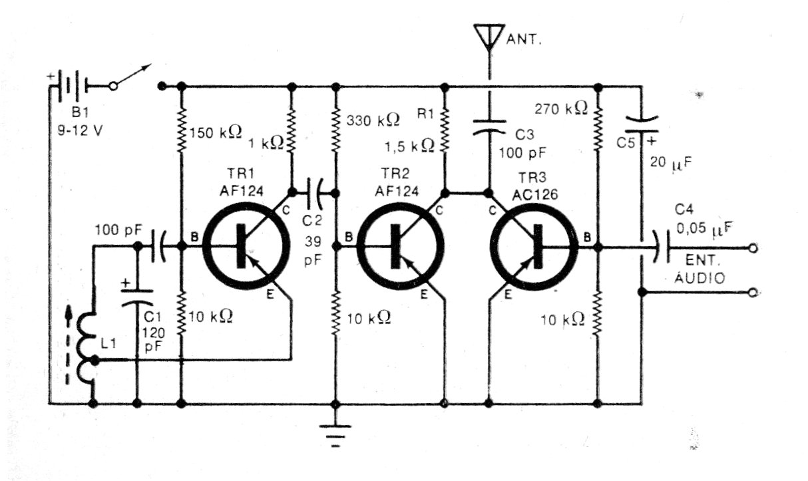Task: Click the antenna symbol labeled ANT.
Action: coord(489,37)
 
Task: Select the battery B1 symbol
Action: coord(71,86)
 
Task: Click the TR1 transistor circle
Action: coord(246,247)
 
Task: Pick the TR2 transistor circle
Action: coord(401,247)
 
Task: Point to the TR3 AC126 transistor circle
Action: coord(534,247)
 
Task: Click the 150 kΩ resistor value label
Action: coord(216,132)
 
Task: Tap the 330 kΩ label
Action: coord(373,120)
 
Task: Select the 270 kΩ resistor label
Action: coord(561,108)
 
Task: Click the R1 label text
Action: coord(425,114)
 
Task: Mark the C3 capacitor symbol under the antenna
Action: coord(489,127)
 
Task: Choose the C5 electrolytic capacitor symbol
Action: coord(642,125)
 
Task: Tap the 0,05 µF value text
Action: coord(704,228)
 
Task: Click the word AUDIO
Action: coord(700,278)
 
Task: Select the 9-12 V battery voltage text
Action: coord(80,130)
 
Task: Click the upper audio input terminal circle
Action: coord(753,247)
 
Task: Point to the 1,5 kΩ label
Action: coord(409,146)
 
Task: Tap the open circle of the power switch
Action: coord(113,86)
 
